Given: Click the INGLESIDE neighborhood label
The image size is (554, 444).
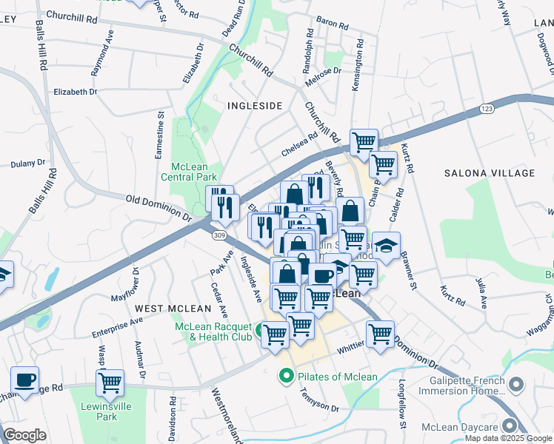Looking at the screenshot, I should point(255,106).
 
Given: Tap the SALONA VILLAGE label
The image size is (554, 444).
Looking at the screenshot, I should point(489,173).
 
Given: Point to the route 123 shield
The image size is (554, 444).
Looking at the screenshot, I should point(487,109).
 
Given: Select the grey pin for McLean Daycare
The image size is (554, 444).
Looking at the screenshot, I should point(510,425).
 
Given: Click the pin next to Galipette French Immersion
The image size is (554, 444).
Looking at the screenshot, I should point(517,385).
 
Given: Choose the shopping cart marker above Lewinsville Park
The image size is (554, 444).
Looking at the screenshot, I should point(110,383).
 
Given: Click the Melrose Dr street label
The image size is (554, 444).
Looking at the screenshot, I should point(321,71).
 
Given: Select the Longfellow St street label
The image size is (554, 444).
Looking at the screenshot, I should point(402,404).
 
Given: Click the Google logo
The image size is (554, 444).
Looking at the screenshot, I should point(25,435).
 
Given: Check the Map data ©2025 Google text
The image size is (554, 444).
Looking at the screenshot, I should point(507,438).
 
